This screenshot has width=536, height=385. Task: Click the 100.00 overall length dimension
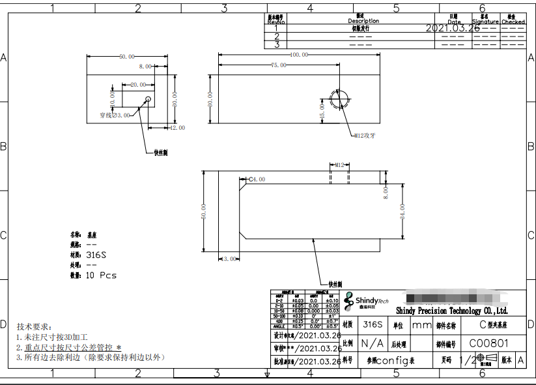[x=299, y=55]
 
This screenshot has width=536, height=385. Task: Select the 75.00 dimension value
[x=278, y=65]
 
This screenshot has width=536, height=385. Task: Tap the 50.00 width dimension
[x=126, y=57]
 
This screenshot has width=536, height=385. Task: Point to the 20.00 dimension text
[x=138, y=85]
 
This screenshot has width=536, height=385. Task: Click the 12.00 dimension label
[x=177, y=128]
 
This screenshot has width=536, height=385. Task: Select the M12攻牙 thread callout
[x=365, y=136]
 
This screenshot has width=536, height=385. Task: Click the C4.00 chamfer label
[x=257, y=179]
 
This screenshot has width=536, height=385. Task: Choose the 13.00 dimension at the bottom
[x=229, y=259]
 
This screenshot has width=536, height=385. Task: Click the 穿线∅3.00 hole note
[x=115, y=115]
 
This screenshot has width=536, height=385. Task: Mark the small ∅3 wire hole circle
[x=148, y=99]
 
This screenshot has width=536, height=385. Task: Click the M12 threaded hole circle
[x=339, y=99]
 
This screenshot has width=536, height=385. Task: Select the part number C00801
[x=489, y=343]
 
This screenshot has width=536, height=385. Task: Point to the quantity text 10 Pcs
[x=101, y=275]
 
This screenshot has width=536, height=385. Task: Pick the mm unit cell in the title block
[x=421, y=324]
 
